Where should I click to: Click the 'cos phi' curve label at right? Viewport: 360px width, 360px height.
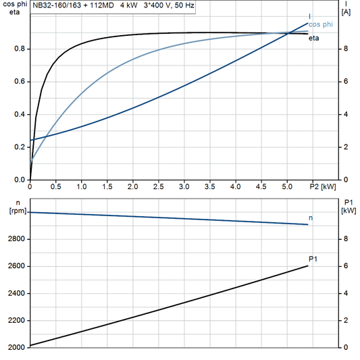321,24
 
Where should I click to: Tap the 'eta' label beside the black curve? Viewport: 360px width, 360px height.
314,38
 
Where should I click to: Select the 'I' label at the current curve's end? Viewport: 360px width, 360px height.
310,16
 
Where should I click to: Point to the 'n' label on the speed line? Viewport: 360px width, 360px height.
311,218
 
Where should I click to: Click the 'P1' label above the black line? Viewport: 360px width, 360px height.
313,259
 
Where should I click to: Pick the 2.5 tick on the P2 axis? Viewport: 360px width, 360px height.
158,186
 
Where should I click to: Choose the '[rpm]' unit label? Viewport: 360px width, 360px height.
15,211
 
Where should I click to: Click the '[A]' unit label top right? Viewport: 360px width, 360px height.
346,12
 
